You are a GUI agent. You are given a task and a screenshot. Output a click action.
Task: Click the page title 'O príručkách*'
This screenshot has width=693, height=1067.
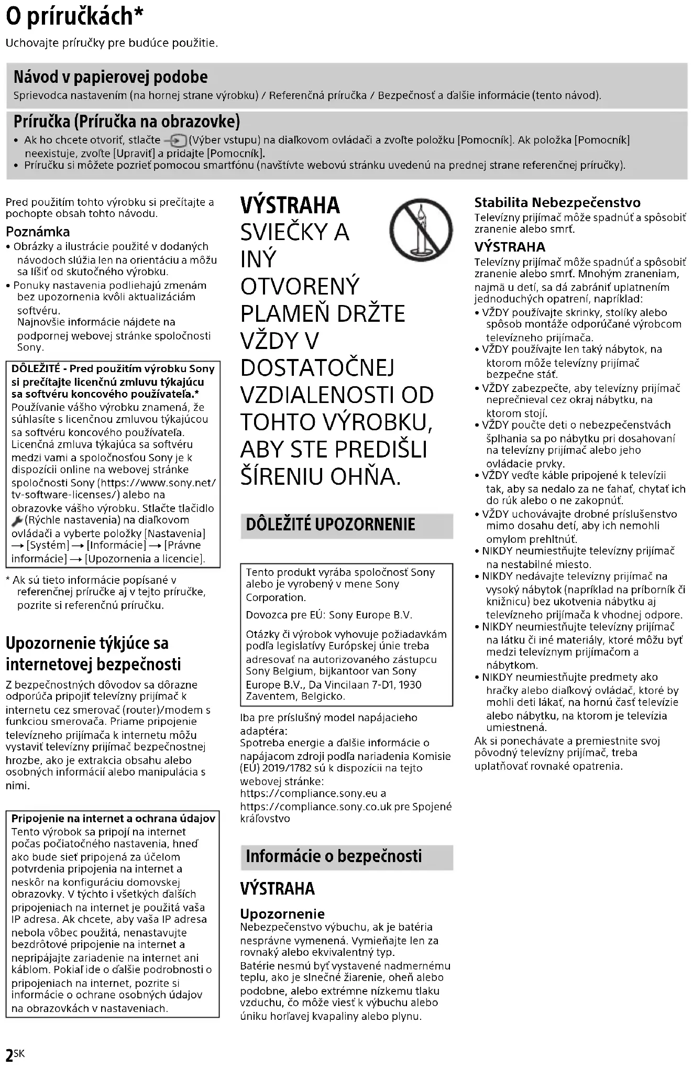pyautogui.click(x=74, y=17)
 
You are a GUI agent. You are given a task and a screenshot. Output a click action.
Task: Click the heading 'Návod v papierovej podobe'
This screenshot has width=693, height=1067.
pyautogui.click(x=111, y=78)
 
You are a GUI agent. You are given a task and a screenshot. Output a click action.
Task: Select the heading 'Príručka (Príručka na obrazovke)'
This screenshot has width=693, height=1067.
pyautogui.click(x=126, y=122)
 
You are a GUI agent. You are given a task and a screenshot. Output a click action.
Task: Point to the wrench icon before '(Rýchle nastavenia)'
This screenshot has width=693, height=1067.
pyautogui.click(x=17, y=521)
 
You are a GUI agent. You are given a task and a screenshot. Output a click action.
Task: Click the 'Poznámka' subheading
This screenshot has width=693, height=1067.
pyautogui.click(x=38, y=232)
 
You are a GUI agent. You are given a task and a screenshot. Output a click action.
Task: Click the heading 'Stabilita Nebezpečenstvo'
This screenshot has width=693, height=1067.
pyautogui.click(x=557, y=203)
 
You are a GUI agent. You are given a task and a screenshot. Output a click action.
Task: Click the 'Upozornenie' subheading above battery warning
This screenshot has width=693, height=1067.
pyautogui.click(x=282, y=914)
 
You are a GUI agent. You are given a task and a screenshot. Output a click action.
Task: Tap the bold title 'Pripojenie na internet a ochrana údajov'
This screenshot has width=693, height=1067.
pyautogui.click(x=113, y=819)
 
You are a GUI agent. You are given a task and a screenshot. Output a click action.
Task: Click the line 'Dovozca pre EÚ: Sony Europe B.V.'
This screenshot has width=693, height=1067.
pyautogui.click(x=329, y=615)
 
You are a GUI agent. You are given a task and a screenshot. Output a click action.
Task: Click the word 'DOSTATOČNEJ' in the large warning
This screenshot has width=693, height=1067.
pyautogui.click(x=317, y=368)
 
